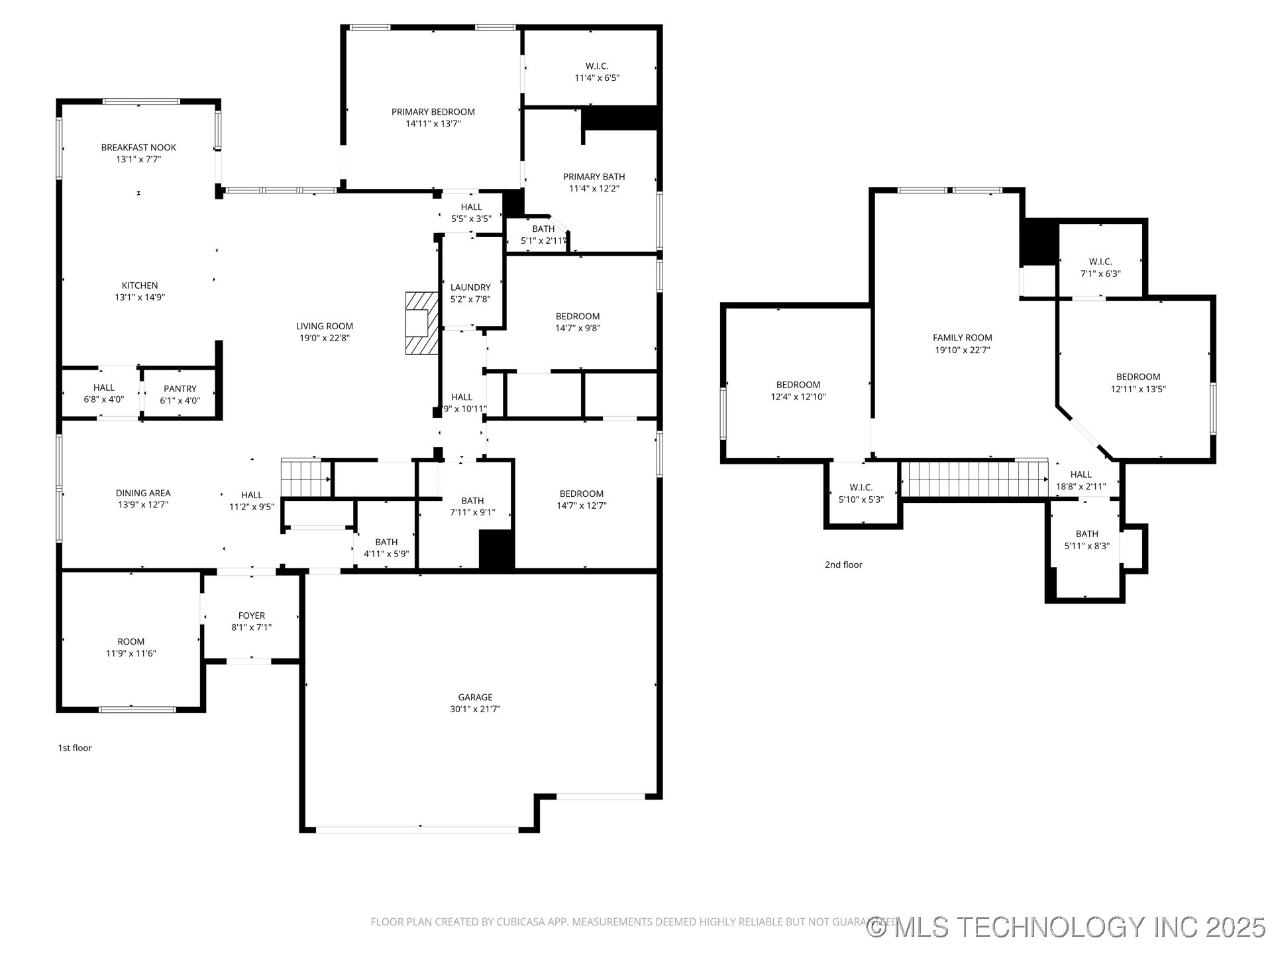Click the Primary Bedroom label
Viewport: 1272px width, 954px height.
(x=433, y=112)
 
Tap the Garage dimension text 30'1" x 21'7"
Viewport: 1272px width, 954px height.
(x=475, y=709)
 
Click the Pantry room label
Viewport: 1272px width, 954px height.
(x=180, y=389)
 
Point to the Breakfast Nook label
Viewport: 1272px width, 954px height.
(x=138, y=148)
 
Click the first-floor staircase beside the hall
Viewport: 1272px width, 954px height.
(x=305, y=478)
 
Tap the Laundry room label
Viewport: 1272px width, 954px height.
(x=470, y=288)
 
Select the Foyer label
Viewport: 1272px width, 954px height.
(x=252, y=615)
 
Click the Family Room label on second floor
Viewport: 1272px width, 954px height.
(x=962, y=338)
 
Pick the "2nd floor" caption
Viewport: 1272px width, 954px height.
(x=843, y=564)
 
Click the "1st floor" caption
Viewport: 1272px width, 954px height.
(x=75, y=748)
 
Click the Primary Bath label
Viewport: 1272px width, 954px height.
(x=594, y=177)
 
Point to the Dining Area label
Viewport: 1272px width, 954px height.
(x=143, y=493)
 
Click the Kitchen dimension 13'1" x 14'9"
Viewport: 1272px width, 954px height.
(x=140, y=297)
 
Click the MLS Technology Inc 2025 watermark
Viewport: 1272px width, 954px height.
(x=1067, y=927)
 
